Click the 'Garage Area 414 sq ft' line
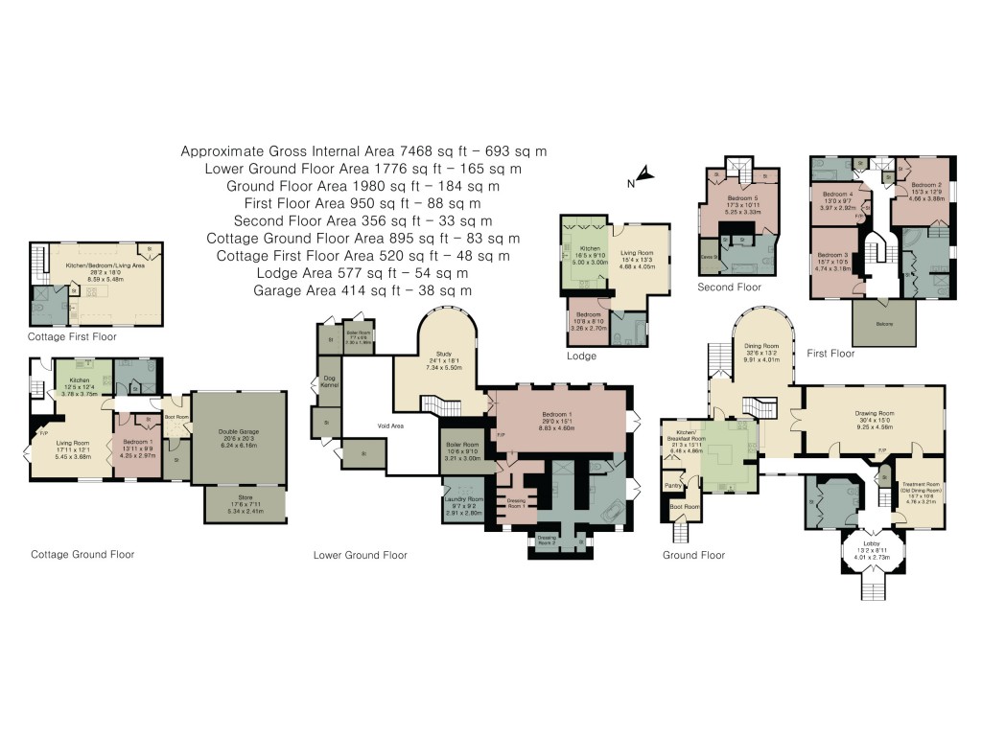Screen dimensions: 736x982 coord(363,289)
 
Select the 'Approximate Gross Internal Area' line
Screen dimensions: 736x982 coord(363,151)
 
